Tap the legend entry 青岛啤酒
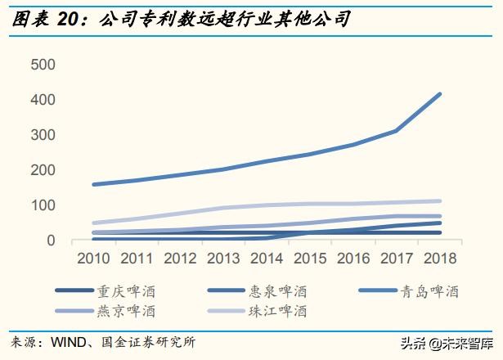pos(434,290)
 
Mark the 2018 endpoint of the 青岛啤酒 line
pos(440,94)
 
